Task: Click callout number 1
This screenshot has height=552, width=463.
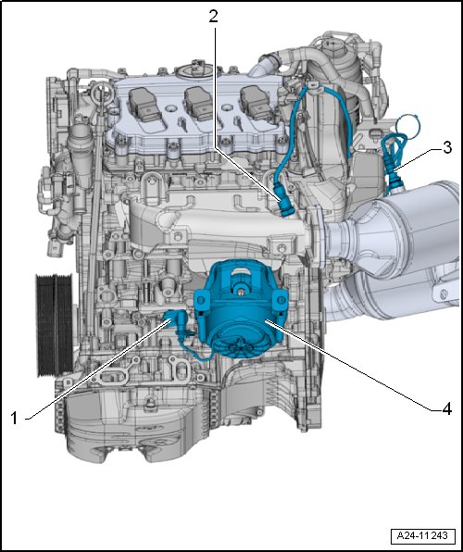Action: (x=13, y=419)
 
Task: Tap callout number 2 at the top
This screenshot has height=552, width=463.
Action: (x=213, y=16)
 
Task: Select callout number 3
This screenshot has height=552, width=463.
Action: (x=447, y=147)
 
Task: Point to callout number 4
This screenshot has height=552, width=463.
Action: (x=447, y=409)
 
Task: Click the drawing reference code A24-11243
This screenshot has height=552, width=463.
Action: (x=422, y=536)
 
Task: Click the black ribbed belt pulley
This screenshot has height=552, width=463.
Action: (x=55, y=325)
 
